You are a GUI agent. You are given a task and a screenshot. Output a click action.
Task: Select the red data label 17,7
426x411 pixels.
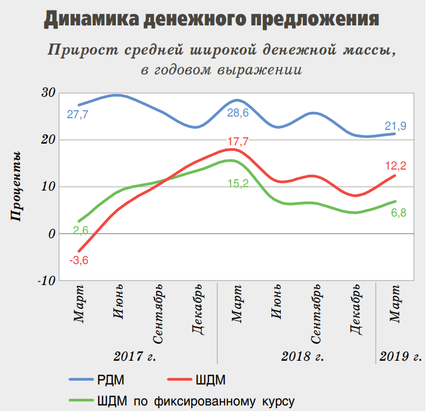point(238,141)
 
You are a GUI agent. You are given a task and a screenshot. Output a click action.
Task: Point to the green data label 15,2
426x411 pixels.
point(238,183)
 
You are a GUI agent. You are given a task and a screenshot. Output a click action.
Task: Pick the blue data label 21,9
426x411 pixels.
point(396,126)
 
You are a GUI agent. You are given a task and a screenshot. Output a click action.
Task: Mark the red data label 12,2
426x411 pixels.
point(395,166)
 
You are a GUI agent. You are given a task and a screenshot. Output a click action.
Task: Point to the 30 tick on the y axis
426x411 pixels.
point(48,92)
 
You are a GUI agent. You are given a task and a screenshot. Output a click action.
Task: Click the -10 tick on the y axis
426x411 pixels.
point(46,280)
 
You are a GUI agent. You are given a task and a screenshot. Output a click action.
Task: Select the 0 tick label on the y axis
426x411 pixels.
point(51,234)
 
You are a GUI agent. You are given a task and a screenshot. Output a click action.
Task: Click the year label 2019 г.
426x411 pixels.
point(400,356)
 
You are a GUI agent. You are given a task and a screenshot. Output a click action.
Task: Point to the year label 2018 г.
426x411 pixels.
point(302,356)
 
